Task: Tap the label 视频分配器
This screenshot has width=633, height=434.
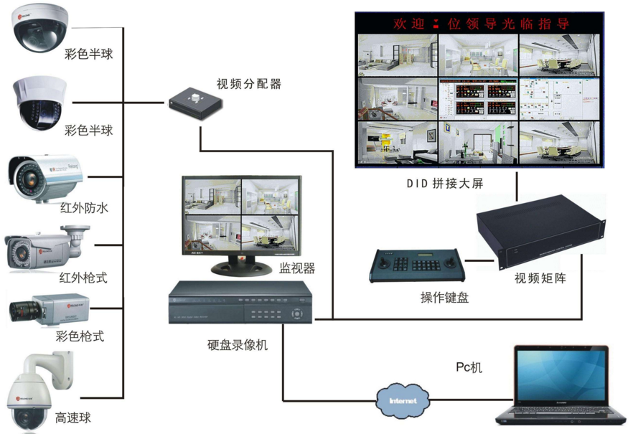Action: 249,84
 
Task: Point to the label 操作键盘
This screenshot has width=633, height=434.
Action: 444,297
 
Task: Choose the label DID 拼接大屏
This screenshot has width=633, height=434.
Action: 445,184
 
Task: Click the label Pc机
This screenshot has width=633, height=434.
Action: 469,367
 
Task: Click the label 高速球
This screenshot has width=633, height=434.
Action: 73,418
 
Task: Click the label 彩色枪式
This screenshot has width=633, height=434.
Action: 80,336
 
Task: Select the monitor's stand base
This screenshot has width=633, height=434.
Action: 238,267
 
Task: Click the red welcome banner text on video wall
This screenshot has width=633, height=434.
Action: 480,24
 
